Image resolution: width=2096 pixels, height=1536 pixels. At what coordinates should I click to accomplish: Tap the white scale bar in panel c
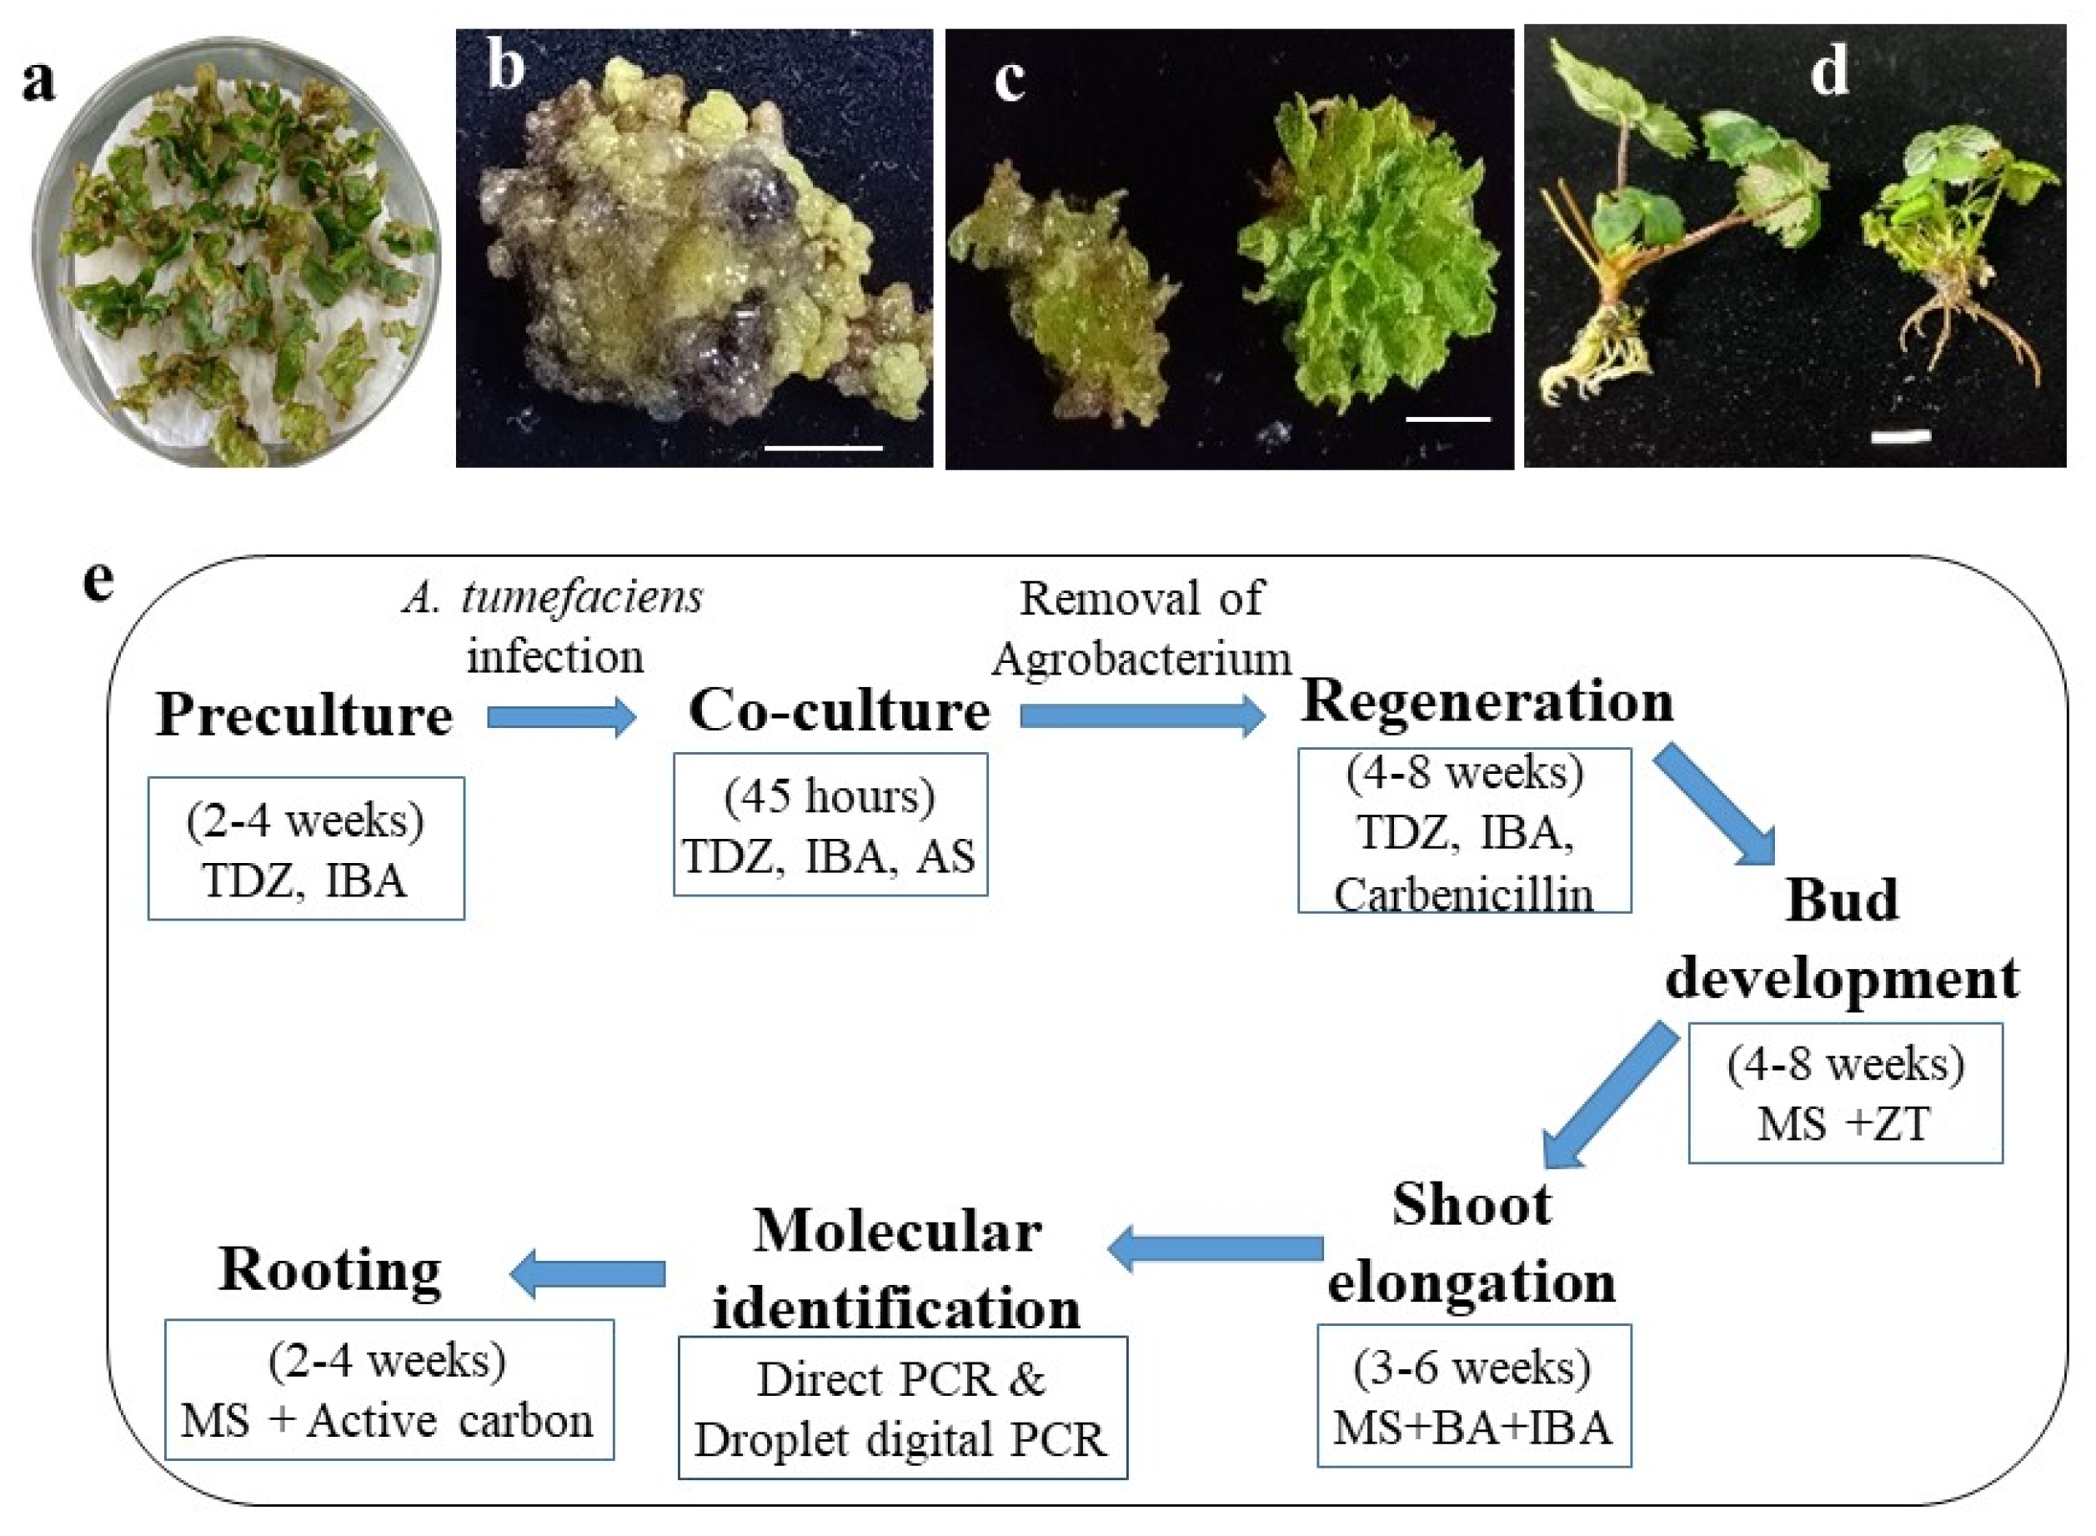tap(1447, 419)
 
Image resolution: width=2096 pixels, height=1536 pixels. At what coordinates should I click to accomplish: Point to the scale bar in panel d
tap(1900, 435)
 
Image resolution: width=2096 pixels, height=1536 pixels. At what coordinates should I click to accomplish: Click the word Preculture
tap(304, 716)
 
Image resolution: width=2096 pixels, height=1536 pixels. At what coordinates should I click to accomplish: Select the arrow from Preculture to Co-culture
tap(561, 718)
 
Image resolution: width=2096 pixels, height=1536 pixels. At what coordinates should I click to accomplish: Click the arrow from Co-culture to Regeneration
tap(1142, 717)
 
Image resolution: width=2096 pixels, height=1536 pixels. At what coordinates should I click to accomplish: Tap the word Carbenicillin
tap(1464, 896)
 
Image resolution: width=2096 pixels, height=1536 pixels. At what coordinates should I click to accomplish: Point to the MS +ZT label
tap(1844, 1123)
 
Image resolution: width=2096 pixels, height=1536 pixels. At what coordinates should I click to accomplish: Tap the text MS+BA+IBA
tap(1472, 1428)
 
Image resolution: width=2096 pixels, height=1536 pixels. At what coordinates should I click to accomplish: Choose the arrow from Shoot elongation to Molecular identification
tap(1216, 1247)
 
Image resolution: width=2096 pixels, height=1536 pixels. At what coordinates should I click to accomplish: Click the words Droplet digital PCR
tap(900, 1440)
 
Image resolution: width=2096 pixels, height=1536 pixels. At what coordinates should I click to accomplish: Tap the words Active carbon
tap(450, 1422)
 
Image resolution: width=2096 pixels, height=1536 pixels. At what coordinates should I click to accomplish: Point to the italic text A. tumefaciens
tap(554, 597)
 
